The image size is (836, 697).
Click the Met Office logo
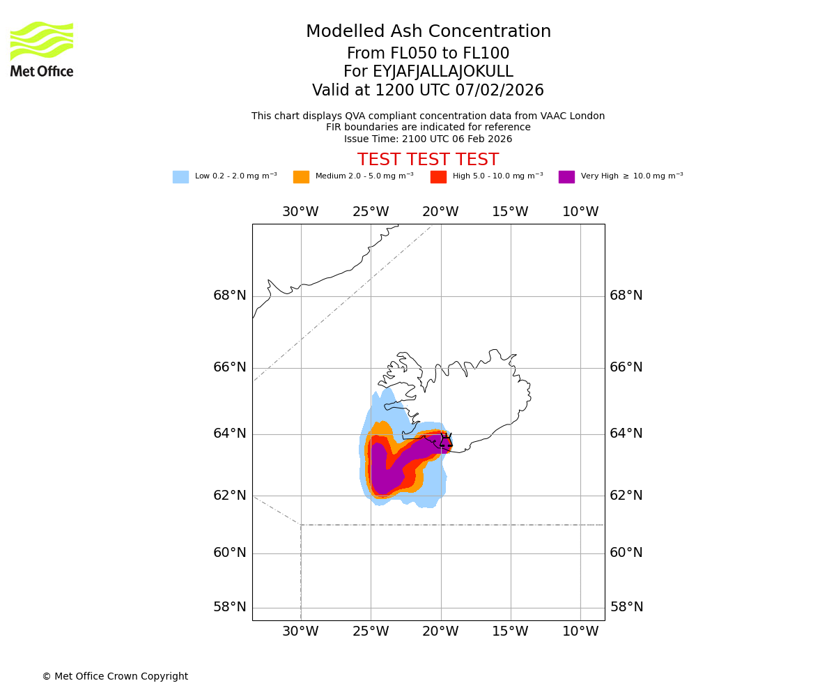click(x=42, y=49)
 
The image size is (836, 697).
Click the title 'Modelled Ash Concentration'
click(x=428, y=32)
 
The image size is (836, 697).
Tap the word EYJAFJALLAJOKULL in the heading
click(x=444, y=72)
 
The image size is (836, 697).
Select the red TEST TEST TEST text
click(x=428, y=160)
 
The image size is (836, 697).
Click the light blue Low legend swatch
click(x=180, y=177)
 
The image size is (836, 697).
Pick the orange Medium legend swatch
click(x=301, y=177)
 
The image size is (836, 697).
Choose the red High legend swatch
click(x=438, y=177)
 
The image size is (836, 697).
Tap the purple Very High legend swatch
click(x=566, y=177)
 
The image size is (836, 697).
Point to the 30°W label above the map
click(x=300, y=212)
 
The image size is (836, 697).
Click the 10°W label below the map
click(x=580, y=631)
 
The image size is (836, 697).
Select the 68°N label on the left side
click(x=230, y=296)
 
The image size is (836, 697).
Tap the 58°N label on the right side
click(x=626, y=607)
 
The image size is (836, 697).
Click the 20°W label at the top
click(x=440, y=212)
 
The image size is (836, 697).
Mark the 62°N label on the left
click(x=230, y=496)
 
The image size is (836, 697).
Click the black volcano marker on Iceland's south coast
click(x=446, y=440)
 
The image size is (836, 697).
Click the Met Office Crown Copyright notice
click(x=115, y=676)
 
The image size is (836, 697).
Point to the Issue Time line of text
click(x=428, y=139)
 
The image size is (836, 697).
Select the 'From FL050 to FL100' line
click(x=428, y=54)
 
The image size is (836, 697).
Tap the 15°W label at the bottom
click(x=510, y=631)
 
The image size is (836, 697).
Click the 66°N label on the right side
click(x=626, y=367)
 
